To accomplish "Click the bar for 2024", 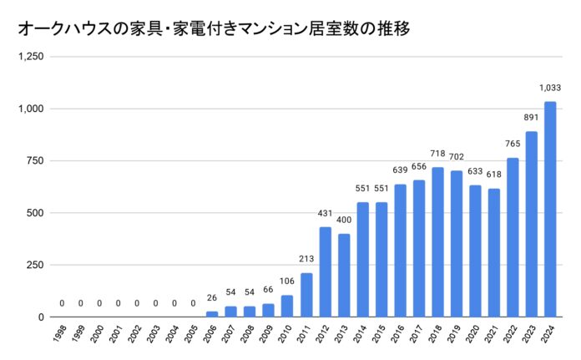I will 550,210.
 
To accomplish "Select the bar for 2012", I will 326,272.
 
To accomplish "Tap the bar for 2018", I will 437,242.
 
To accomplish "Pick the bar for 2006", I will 212,314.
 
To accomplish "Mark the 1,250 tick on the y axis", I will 31,57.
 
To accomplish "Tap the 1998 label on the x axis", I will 62,334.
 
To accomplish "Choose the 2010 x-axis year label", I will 287,334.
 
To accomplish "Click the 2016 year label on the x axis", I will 400,334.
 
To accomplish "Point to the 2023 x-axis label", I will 531,334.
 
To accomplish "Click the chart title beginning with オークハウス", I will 214,28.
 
